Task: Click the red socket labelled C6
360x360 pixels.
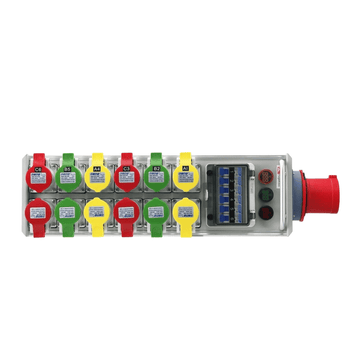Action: tap(37, 175)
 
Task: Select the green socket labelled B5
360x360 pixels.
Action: tap(67, 175)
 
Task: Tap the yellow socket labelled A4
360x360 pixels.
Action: tap(97, 175)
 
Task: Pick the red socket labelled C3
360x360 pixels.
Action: tap(127, 175)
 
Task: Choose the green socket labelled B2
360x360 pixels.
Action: tap(157, 175)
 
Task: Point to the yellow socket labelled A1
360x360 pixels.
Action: tap(185, 175)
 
